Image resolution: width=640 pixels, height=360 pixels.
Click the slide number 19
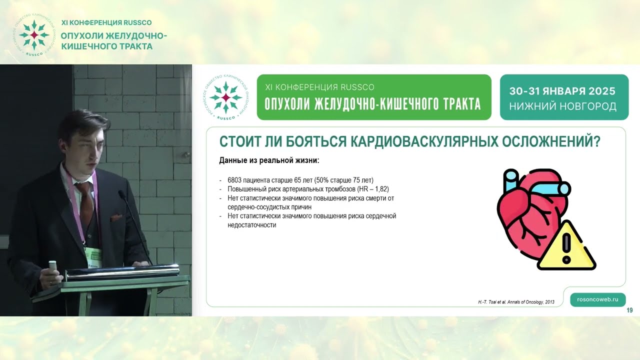(629, 310)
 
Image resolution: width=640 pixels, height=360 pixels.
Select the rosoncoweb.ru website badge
(597, 299)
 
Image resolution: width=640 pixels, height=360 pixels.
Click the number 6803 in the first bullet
(235, 180)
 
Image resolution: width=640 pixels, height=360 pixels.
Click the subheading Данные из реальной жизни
(269, 161)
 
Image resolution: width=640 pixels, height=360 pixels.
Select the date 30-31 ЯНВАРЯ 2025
(562, 91)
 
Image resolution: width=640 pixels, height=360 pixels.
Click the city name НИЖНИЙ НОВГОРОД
(562, 106)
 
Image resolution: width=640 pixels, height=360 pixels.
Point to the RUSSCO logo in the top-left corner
(33, 35)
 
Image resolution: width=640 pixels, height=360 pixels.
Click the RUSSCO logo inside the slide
(225, 97)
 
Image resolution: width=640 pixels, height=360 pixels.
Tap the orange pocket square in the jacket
(116, 217)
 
